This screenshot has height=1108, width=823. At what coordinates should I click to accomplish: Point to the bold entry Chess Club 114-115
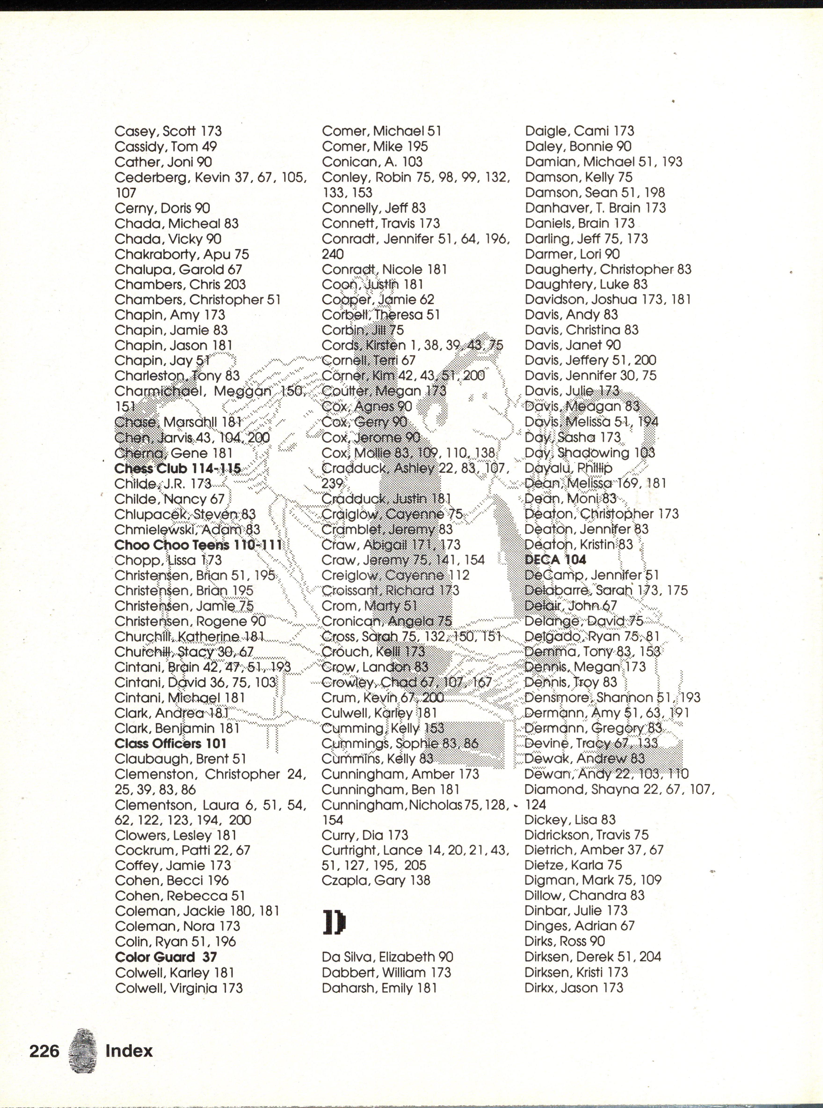point(178,469)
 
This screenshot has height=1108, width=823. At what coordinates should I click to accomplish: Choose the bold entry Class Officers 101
point(170,744)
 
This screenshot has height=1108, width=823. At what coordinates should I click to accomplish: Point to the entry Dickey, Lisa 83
point(570,820)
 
